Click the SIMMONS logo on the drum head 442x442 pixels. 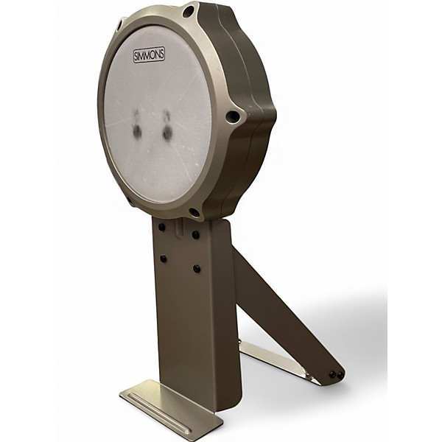click(x=149, y=55)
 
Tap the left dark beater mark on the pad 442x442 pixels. click(x=138, y=125)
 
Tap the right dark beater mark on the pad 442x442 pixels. click(x=168, y=125)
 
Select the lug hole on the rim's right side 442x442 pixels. click(x=233, y=116)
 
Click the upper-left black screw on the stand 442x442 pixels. click(x=161, y=227)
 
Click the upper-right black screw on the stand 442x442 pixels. click(x=196, y=234)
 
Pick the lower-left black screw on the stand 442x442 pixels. click(x=163, y=259)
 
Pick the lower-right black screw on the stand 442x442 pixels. click(x=197, y=268)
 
